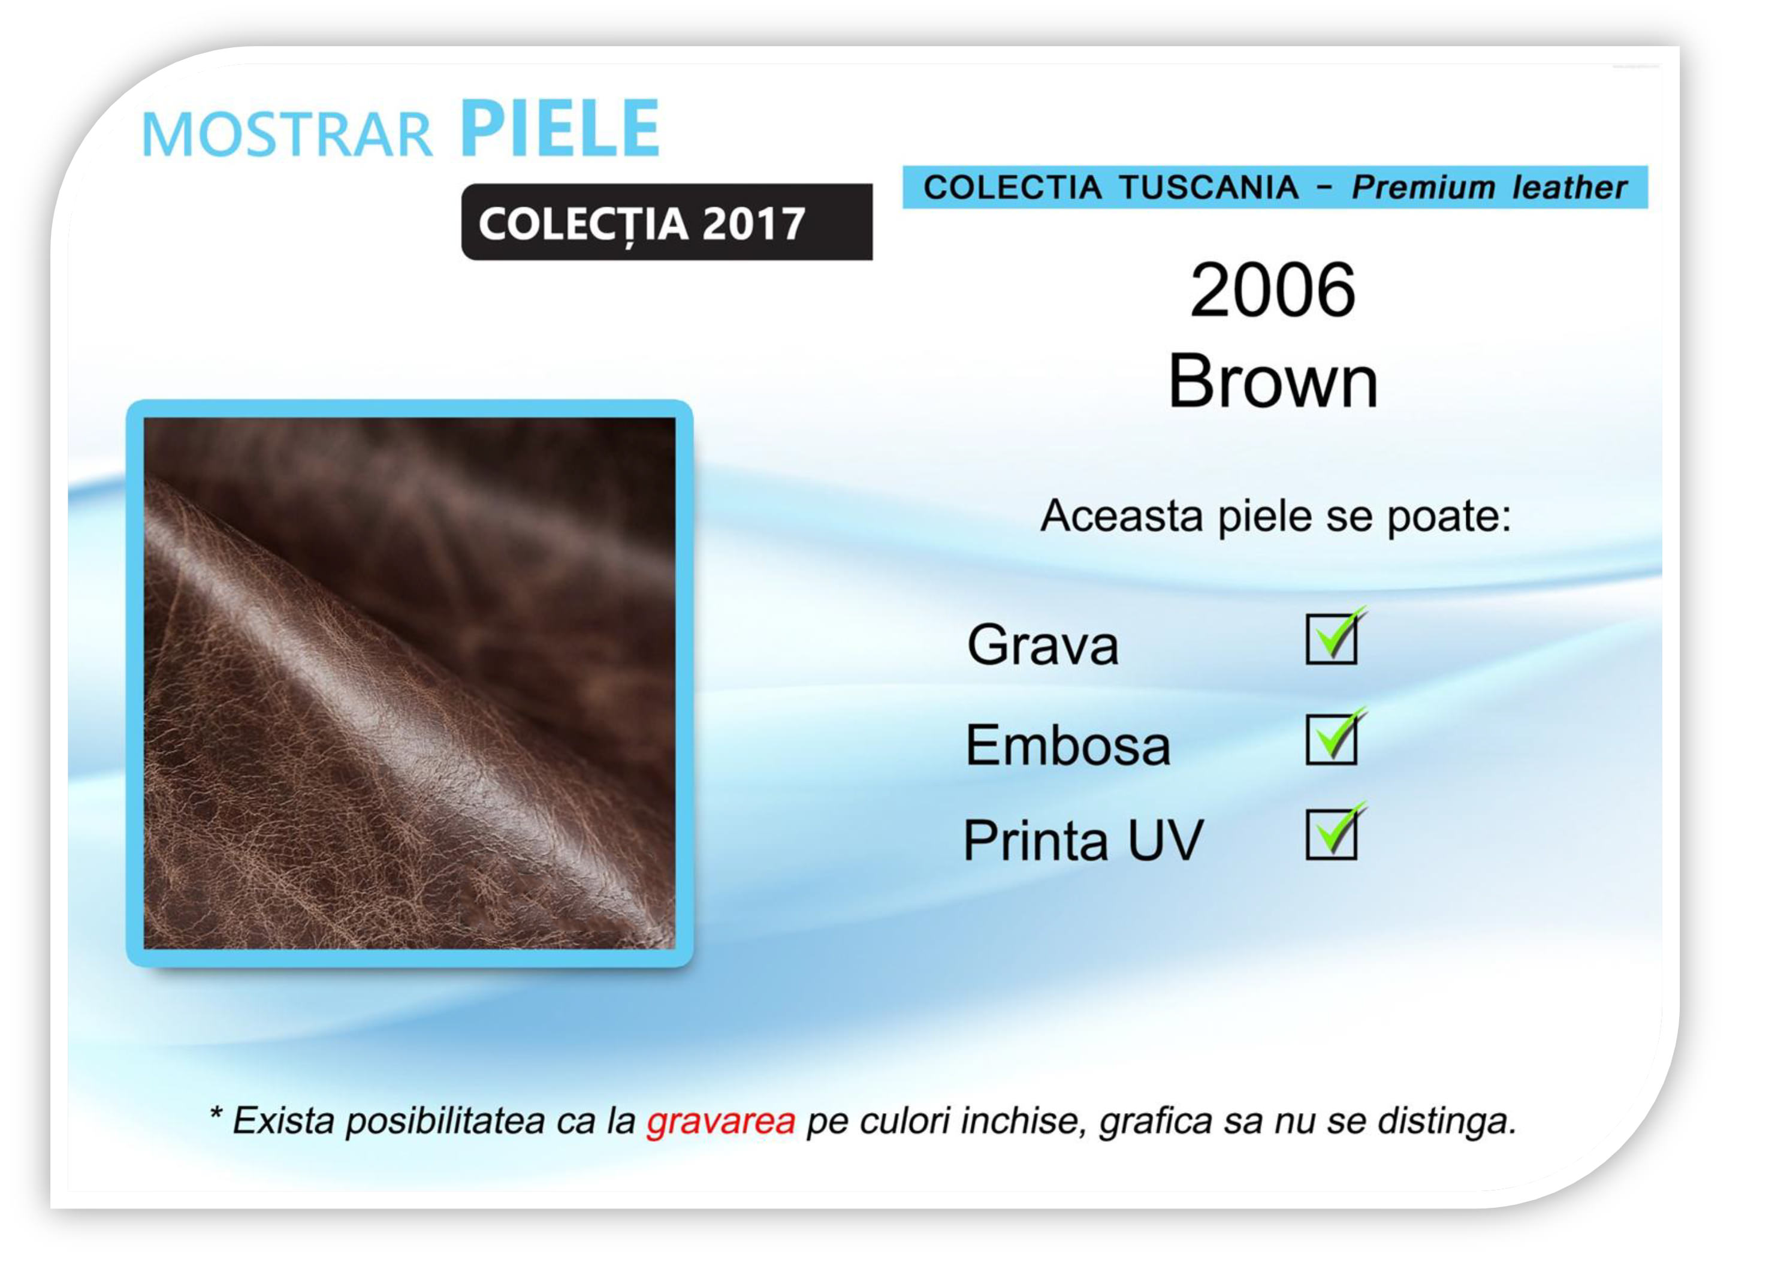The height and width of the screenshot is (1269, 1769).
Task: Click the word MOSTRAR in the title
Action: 286,134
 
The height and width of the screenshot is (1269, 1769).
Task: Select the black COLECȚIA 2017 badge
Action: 667,222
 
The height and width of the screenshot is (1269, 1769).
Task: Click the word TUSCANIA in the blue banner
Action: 1208,187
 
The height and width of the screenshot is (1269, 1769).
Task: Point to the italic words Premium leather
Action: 1489,187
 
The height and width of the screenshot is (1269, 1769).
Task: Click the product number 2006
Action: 1272,290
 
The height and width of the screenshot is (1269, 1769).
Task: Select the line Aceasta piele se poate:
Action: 1276,516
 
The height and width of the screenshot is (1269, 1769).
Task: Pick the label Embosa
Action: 1068,744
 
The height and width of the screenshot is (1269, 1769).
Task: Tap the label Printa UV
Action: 1083,840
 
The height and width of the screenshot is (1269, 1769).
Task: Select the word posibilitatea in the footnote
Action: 445,1121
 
